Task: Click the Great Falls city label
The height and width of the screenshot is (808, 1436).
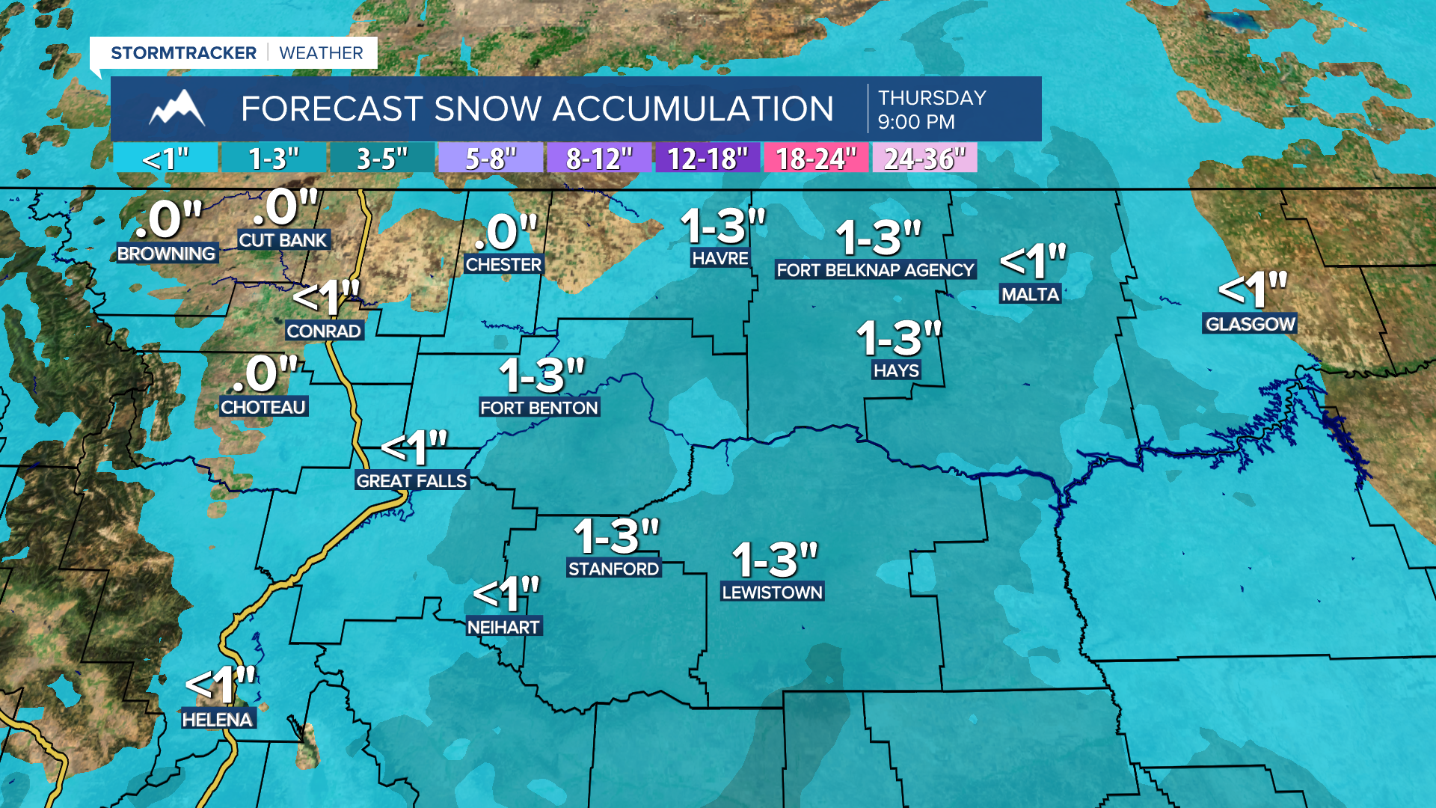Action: click(411, 481)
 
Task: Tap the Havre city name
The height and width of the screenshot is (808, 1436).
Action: click(719, 258)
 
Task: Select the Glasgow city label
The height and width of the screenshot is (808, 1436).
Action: click(1250, 324)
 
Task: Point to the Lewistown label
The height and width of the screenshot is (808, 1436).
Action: click(772, 592)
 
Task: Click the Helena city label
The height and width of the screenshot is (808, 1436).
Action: click(218, 720)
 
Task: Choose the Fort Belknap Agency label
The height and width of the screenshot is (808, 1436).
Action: click(875, 270)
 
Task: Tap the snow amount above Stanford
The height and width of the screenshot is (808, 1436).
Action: click(616, 536)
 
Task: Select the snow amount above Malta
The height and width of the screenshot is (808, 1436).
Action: click(1033, 262)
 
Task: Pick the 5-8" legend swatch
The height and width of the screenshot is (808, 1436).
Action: click(491, 159)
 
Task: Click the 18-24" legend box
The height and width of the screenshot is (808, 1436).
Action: click(815, 159)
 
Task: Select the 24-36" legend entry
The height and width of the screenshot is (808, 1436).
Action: click(924, 159)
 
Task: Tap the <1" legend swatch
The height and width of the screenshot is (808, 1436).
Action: click(165, 159)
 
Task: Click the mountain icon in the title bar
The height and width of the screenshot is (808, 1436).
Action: click(177, 108)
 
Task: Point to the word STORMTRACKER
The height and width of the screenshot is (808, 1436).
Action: click(183, 53)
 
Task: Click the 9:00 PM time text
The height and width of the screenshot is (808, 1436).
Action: click(916, 122)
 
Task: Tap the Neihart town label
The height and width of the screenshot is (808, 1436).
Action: click(503, 627)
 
